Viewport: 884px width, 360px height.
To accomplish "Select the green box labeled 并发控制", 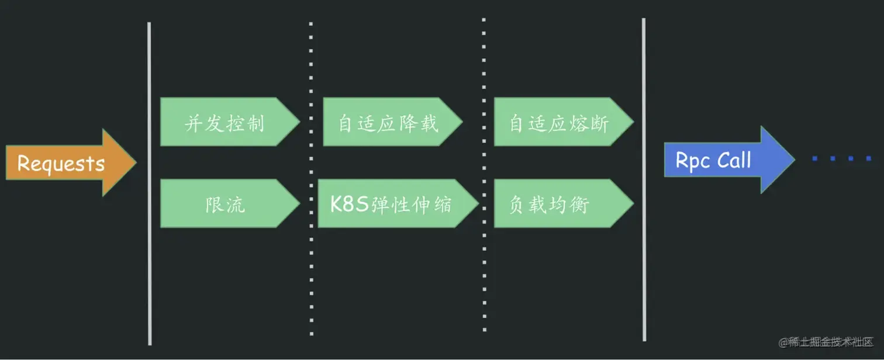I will click(225, 122).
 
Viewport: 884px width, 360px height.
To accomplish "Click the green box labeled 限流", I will click(225, 203).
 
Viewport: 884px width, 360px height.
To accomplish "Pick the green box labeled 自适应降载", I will click(388, 122).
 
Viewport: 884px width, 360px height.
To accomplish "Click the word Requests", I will click(61, 163).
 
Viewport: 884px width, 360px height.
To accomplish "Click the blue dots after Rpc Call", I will click(842, 158).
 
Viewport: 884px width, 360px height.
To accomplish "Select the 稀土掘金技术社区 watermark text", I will click(826, 342).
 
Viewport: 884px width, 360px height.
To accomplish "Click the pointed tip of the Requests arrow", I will click(134, 162).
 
